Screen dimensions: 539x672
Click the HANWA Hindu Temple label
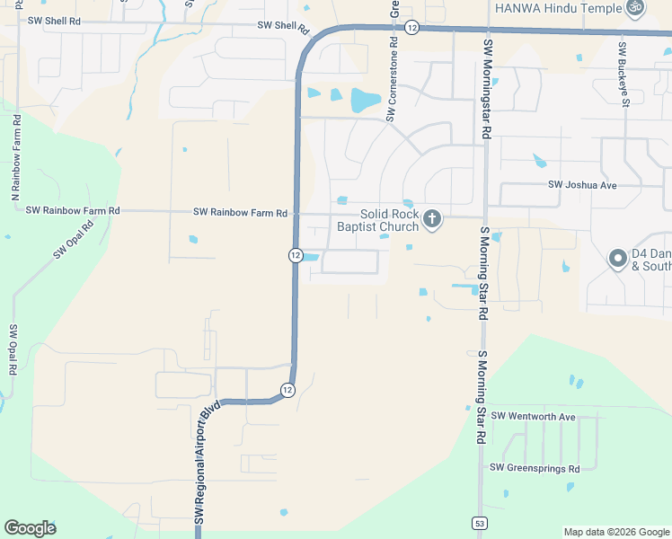coord(558,8)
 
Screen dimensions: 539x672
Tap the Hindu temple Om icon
coord(635,7)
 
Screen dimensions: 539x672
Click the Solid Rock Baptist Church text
coord(377,221)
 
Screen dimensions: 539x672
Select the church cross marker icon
coord(432,219)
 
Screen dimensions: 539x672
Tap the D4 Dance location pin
coord(617,259)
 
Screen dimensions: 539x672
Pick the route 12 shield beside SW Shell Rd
coord(411,28)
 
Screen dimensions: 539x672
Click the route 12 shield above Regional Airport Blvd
coord(287,390)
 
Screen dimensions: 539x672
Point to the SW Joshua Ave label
coord(582,185)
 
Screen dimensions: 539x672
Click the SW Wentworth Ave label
coord(541,417)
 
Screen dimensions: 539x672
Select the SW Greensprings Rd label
coord(535,468)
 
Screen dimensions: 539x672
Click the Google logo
coord(30,528)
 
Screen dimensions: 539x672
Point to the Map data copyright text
coord(616,532)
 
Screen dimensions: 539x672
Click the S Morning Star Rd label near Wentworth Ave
coord(482,397)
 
